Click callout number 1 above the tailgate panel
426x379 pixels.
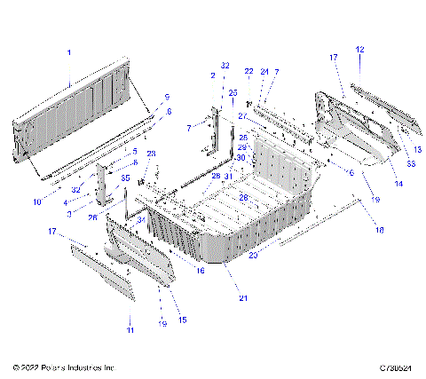point(69,54)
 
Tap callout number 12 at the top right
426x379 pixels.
point(360,49)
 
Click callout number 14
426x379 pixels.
point(397,183)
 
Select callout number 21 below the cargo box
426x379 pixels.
point(243,298)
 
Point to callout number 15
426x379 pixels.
point(183,320)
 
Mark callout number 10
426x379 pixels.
point(37,202)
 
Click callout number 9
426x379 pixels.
point(166,96)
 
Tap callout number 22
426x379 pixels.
point(248,71)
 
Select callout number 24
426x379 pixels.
point(264,71)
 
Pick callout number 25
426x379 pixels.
point(233,92)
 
